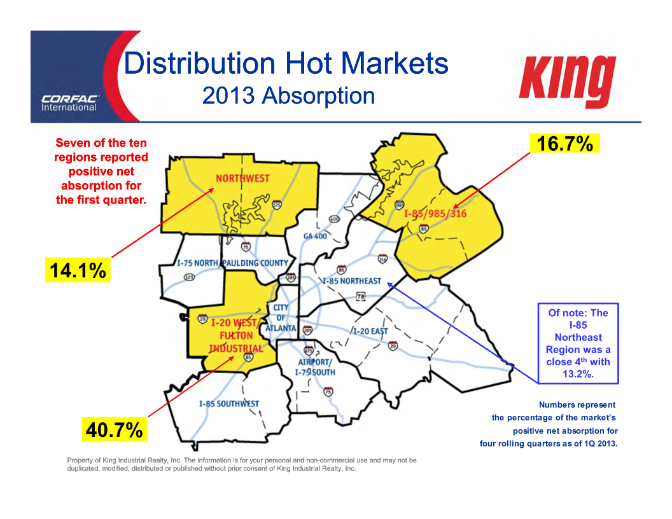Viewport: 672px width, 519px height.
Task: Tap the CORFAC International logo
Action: pos(69,102)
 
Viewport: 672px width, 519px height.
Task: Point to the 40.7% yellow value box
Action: pos(115,430)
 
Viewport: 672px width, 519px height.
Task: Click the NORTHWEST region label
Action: pos(242,179)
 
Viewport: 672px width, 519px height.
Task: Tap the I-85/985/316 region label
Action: pos(435,214)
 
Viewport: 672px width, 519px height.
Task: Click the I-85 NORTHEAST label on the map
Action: pos(352,280)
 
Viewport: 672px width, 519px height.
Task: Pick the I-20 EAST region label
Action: pos(370,331)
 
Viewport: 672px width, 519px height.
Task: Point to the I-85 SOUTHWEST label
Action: pos(228,404)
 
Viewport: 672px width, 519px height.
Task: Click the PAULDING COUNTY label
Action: pos(255,263)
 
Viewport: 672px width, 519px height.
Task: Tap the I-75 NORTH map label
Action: pos(197,263)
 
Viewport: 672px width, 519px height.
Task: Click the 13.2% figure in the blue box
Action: pos(578,375)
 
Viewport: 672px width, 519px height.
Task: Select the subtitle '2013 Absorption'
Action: pos(288,96)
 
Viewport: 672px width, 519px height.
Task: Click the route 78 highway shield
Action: pos(361,296)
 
